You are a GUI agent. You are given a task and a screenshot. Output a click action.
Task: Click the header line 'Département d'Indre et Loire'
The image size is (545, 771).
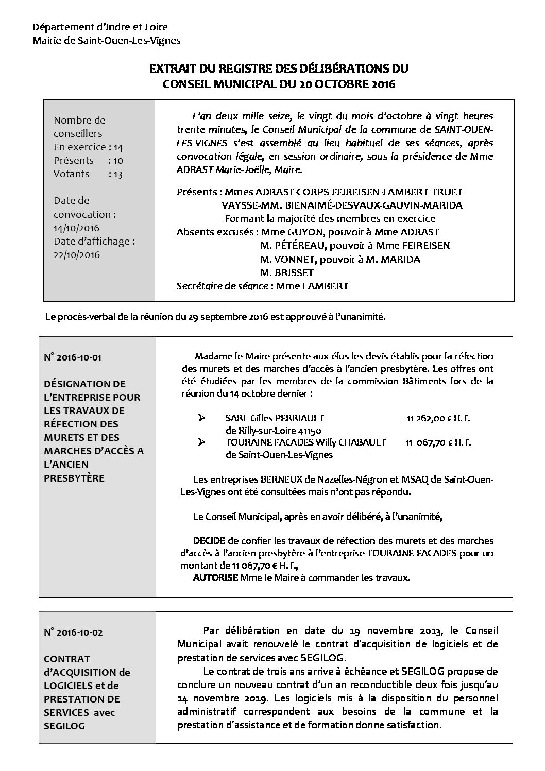click(x=100, y=27)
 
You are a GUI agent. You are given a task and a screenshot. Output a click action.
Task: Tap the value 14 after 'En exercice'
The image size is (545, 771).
click(x=118, y=147)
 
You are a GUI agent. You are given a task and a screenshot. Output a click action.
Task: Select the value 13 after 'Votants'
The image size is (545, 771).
click(x=118, y=174)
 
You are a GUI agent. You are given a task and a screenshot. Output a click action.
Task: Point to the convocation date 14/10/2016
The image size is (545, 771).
click(x=77, y=228)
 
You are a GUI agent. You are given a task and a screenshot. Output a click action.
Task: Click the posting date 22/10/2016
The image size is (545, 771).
click(x=77, y=254)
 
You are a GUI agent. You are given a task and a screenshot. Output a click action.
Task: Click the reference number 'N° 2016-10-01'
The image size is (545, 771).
click(x=73, y=357)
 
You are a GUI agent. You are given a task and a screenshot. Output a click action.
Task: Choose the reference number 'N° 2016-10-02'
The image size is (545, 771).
click(x=73, y=632)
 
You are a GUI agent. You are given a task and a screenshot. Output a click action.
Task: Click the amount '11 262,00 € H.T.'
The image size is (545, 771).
click(x=438, y=419)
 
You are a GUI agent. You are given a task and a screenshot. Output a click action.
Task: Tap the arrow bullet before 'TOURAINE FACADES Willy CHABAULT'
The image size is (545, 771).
click(x=202, y=442)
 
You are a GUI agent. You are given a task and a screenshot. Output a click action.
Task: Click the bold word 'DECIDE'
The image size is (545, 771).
click(x=209, y=541)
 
